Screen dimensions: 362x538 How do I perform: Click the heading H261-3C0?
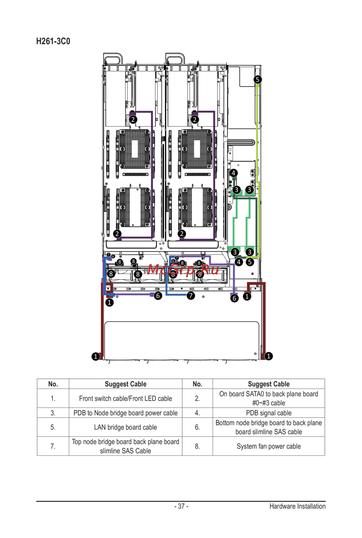click(53, 41)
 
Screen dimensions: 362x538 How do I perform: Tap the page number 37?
click(181, 506)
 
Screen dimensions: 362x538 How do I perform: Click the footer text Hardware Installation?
click(297, 506)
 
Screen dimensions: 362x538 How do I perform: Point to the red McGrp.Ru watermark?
click(184, 269)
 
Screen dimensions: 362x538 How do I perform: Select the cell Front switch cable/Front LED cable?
click(125, 399)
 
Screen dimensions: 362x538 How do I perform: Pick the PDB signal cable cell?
click(269, 413)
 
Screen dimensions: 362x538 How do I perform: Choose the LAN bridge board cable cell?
click(125, 427)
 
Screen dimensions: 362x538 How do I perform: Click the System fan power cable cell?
click(269, 446)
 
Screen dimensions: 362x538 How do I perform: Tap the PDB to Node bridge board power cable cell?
click(125, 413)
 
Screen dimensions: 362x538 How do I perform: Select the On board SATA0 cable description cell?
click(269, 399)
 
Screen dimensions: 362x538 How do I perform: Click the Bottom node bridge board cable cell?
click(269, 427)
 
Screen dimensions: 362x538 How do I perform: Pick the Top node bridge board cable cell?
click(125, 446)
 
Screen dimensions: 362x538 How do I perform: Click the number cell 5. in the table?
click(53, 427)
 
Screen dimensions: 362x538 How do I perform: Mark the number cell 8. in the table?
click(197, 446)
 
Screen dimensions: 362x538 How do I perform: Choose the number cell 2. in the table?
click(197, 399)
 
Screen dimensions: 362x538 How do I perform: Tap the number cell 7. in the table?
click(53, 446)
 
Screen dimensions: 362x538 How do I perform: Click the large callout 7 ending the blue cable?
click(191, 295)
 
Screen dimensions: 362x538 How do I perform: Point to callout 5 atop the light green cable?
click(257, 80)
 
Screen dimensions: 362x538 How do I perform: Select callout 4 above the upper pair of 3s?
click(233, 173)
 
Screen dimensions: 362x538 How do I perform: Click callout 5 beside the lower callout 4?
click(250, 262)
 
